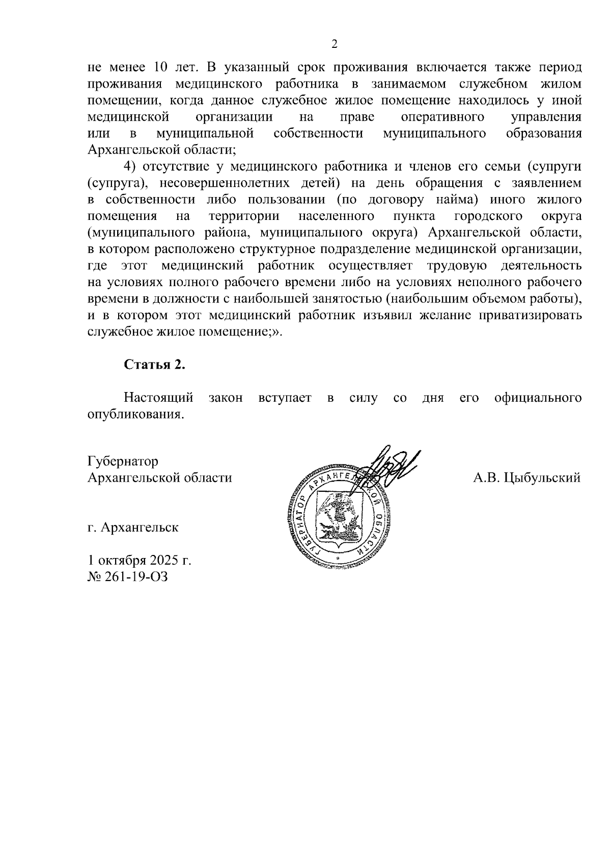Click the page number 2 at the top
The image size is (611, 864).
335,44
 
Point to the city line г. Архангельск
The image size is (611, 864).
133,527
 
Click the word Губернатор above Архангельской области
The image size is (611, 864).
123,461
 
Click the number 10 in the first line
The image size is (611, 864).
160,68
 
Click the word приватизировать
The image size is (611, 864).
530,315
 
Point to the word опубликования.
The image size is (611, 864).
135,414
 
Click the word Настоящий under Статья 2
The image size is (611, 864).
158,398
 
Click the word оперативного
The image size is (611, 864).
442,117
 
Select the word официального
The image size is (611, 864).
538,398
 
